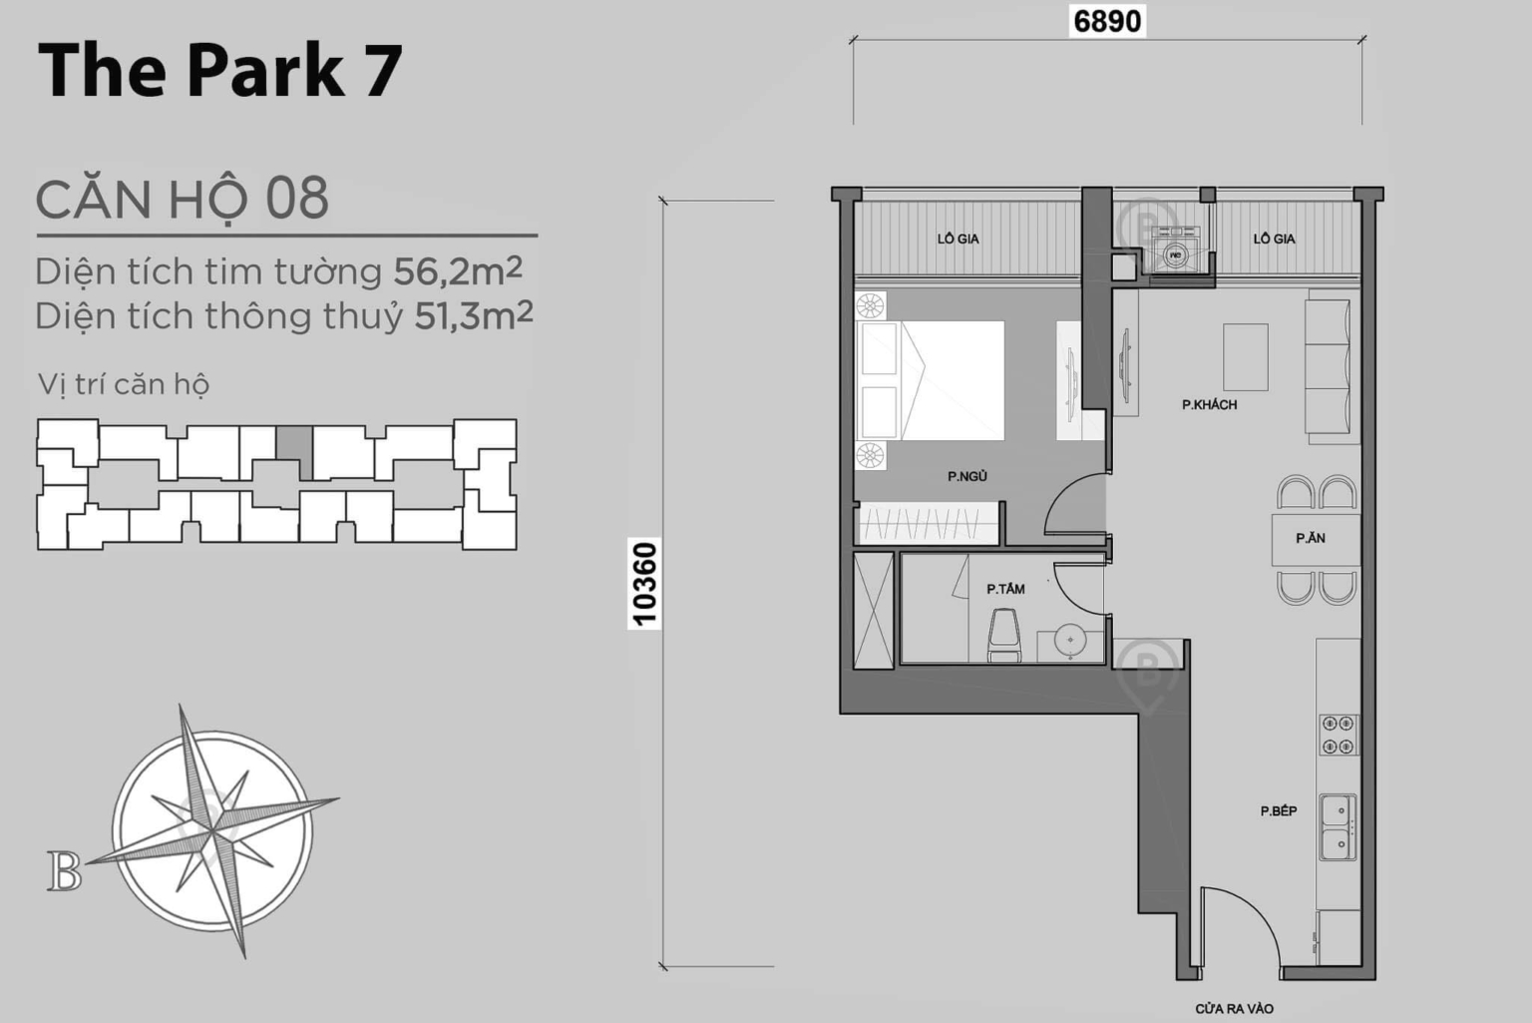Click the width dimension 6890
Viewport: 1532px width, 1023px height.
coord(1107,21)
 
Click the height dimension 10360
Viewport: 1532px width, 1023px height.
coord(645,584)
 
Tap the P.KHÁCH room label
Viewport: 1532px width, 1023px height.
coord(1209,405)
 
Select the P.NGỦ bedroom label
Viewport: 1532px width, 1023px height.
coord(967,477)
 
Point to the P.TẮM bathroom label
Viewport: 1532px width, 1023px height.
coord(1005,590)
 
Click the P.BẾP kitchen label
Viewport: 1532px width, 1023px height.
coord(1278,811)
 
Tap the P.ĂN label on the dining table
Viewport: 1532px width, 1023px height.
coord(1311,539)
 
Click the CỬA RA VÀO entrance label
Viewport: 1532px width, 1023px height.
coord(1234,1009)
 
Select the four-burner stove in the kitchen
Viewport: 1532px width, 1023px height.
coord(1338,735)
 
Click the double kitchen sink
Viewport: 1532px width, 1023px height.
coord(1338,826)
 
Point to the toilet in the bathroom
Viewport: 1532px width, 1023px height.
coord(1004,635)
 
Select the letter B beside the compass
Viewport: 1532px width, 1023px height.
coord(64,871)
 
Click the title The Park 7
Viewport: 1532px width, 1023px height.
coord(220,70)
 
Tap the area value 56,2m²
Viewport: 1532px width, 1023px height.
coord(458,270)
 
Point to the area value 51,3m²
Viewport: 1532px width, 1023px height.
coord(474,315)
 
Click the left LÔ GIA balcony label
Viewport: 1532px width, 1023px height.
coord(957,240)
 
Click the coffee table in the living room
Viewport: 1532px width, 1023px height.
coord(1246,356)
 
